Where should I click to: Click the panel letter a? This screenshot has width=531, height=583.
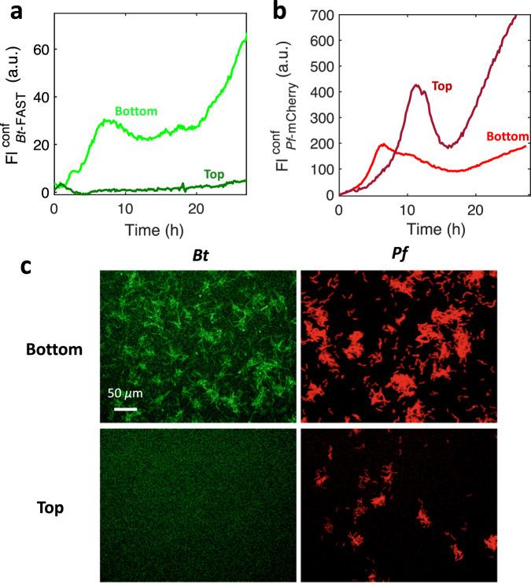pyautogui.click(x=10, y=10)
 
